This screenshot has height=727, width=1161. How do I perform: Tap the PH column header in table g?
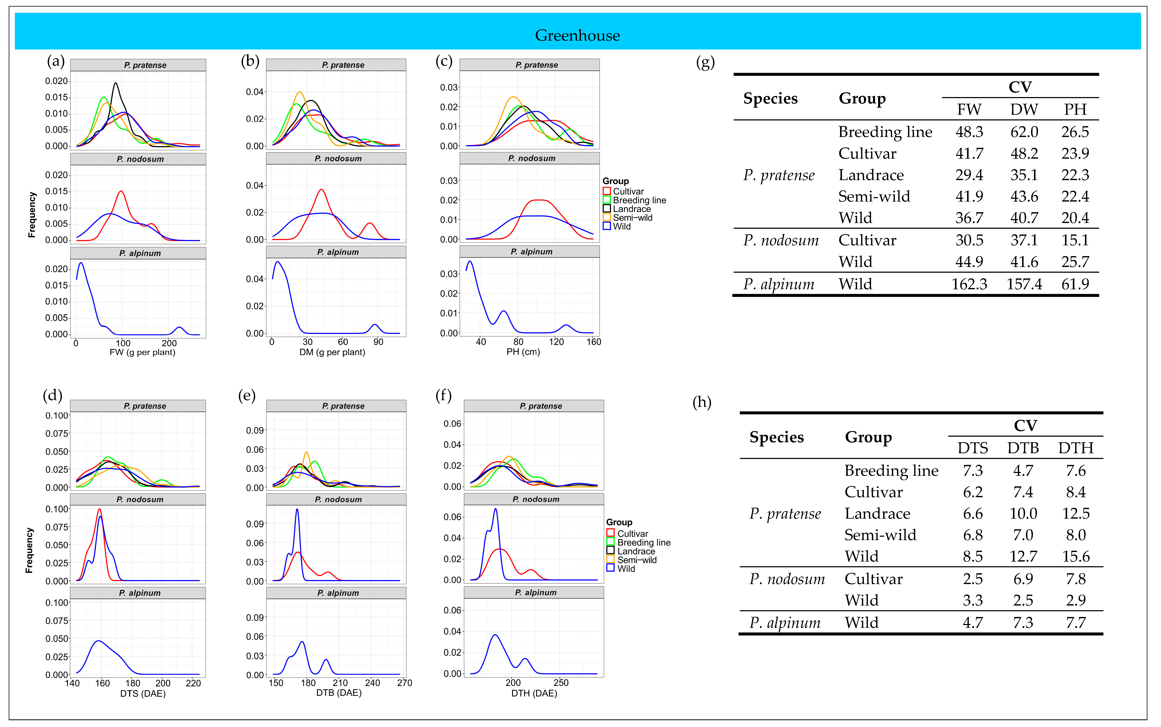1075,110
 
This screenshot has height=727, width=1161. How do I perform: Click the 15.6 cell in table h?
1075,556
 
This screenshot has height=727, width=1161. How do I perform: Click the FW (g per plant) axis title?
142,352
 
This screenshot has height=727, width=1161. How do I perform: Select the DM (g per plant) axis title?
332,352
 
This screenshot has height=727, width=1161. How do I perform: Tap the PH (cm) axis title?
523,352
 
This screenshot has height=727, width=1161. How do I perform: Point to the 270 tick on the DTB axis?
404,683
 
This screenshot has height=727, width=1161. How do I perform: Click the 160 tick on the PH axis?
594,342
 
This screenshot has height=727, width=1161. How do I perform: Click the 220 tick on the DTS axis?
193,683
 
